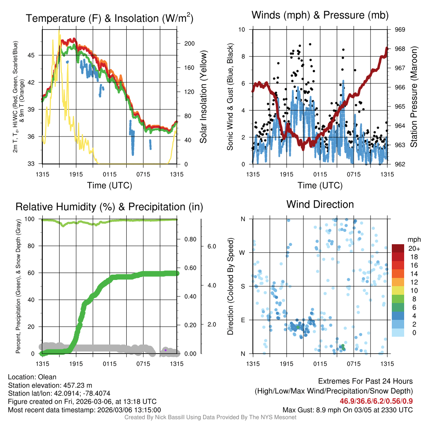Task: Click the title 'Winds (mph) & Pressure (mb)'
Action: (x=320, y=16)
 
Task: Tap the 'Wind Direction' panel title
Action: (x=320, y=204)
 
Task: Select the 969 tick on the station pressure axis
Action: (x=400, y=30)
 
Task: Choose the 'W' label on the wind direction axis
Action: (x=243, y=252)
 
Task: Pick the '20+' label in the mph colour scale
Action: (x=414, y=248)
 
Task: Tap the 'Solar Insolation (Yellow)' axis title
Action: (x=204, y=97)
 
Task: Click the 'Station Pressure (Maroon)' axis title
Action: (x=414, y=97)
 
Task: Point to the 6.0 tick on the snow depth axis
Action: (x=212, y=246)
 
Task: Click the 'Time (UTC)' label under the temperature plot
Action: (x=109, y=185)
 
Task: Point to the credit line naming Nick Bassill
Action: (x=210, y=417)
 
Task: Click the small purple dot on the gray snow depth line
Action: (x=165, y=350)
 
